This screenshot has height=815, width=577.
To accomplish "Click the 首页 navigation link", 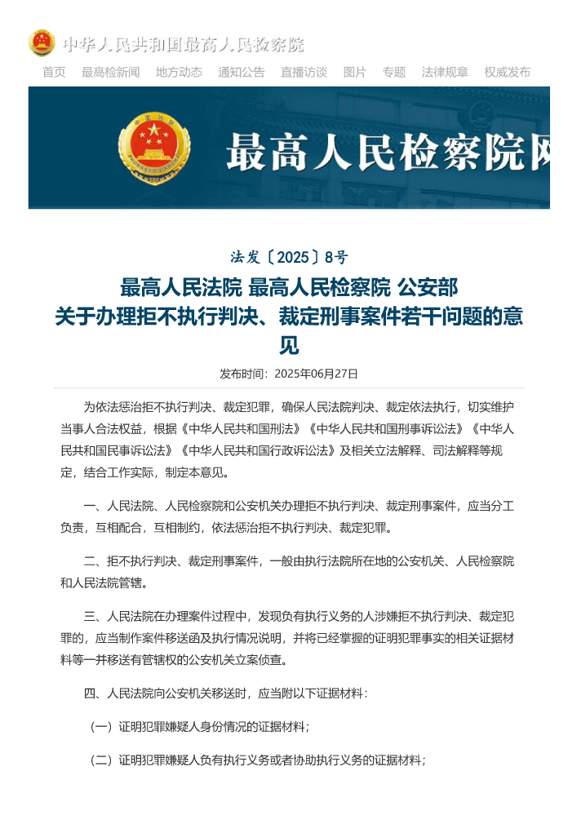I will pos(54,72).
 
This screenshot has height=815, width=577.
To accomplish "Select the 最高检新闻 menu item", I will pos(110,72).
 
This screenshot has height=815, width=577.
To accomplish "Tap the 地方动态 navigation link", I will pos(179,72).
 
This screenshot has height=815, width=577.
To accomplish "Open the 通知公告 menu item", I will pos(241,72).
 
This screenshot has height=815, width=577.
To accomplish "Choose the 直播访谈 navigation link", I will pos(304,72).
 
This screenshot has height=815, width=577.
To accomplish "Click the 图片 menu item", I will pos(355,72).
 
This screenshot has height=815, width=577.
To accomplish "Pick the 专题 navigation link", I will pos(394,72).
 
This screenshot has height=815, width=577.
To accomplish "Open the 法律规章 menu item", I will pos(445,72).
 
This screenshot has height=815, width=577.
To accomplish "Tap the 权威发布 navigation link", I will pos(507,72).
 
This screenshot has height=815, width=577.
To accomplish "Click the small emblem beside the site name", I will pos(42,43).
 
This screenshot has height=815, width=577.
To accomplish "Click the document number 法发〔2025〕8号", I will pos(289,258).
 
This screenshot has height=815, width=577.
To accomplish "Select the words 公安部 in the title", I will pos(427,287).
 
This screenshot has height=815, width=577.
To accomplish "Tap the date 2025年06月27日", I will pos(317,374).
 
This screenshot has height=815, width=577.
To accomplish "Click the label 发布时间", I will pos(243,374).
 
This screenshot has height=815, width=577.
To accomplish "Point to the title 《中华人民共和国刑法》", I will pos(242,428).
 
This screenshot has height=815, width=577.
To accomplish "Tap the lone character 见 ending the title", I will pos(289,346).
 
